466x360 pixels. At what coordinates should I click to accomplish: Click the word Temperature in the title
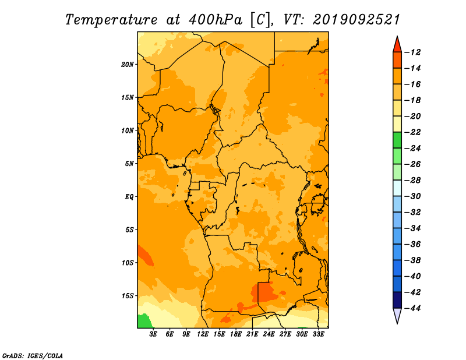coord(111,20)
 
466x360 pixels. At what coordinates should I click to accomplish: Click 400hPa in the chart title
coord(216,20)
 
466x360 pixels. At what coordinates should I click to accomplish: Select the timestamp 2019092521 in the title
coord(356,20)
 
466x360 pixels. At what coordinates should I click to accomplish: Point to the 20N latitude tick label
coord(127,65)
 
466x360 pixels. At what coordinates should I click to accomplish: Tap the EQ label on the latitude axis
coord(129,197)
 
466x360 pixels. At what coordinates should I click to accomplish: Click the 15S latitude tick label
coord(127,296)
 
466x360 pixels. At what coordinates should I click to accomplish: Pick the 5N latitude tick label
coord(129,164)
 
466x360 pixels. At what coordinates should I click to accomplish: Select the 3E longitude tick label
coord(153,334)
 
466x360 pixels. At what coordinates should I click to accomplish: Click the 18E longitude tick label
coord(236,334)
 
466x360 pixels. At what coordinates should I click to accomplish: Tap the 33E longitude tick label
coord(318,334)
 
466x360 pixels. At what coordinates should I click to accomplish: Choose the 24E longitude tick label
coord(269,334)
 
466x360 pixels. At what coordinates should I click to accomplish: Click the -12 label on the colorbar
coord(412,52)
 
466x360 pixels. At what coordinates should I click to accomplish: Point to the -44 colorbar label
coord(412,308)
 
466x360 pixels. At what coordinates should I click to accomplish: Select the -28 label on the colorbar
coord(412,181)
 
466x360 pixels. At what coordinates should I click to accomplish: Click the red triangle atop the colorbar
coord(397,45)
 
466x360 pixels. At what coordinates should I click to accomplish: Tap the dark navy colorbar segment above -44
coord(397,300)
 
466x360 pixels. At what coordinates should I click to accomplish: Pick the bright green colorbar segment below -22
coord(397,140)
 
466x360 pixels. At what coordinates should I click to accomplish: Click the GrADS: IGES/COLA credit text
coord(33,356)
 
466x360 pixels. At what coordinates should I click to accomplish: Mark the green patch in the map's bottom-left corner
coord(144,322)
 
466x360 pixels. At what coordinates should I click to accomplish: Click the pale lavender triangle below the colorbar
coord(397,316)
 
